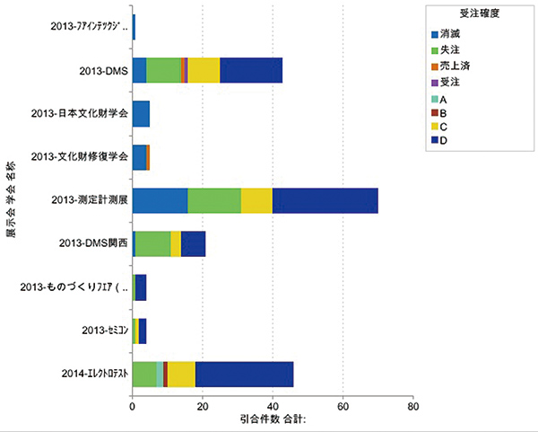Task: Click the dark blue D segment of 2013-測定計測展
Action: pyautogui.click(x=325, y=201)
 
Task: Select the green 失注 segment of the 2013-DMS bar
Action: pyautogui.click(x=163, y=70)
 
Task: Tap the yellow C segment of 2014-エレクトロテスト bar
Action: pyautogui.click(x=181, y=375)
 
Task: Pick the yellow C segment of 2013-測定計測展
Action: pyautogui.click(x=256, y=201)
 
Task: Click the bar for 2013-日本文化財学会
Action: pyautogui.click(x=141, y=114)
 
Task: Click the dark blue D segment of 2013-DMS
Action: pyautogui.click(x=251, y=70)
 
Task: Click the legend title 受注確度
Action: pyautogui.click(x=466, y=14)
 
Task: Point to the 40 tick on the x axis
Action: pyautogui.click(x=273, y=406)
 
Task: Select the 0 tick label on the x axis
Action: pyautogui.click(x=133, y=406)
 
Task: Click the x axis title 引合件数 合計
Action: pyautogui.click(x=273, y=419)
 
